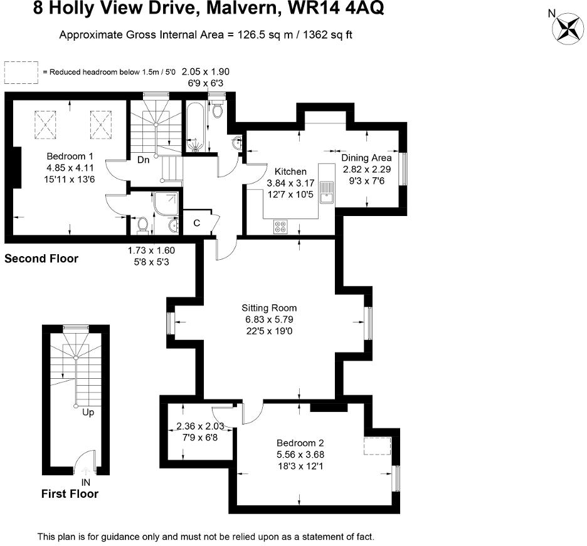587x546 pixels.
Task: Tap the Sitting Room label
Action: click(x=269, y=308)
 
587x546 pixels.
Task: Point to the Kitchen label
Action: click(x=287, y=172)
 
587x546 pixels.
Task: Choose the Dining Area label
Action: click(x=366, y=158)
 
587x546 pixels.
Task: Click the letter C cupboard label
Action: click(x=196, y=223)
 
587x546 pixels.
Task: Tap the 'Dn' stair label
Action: click(x=143, y=160)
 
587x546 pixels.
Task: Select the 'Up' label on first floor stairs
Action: click(x=88, y=413)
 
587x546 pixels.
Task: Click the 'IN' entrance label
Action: click(x=86, y=482)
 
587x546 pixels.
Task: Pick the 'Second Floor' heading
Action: click(x=41, y=258)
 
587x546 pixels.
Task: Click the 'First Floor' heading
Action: click(x=70, y=494)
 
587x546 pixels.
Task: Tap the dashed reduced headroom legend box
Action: click(x=21, y=73)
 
